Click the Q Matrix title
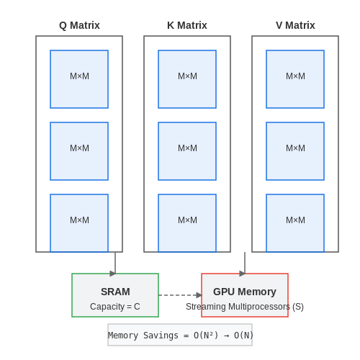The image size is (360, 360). [x=79, y=25]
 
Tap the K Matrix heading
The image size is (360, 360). [x=187, y=25]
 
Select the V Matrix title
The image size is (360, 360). [x=295, y=25]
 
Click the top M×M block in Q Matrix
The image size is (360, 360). [x=79, y=79]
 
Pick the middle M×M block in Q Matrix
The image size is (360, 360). [x=79, y=151]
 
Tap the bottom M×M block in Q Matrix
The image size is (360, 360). [x=79, y=223]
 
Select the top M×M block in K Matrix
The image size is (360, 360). [x=187, y=79]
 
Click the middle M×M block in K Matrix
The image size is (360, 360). [x=187, y=151]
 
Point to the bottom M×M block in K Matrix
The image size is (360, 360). [x=187, y=223]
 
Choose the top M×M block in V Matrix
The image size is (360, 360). [x=295, y=79]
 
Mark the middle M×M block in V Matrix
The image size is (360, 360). [x=295, y=151]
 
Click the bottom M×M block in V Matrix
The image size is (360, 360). [x=295, y=223]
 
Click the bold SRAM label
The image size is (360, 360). [x=115, y=292]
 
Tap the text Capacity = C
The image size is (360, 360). [x=115, y=307]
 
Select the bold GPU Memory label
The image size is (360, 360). [x=245, y=292]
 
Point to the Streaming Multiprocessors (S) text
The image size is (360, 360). [x=245, y=307]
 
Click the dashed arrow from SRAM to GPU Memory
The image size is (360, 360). [x=180, y=295]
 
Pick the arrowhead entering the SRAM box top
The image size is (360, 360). [x=113, y=274]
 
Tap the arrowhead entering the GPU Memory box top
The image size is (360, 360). [x=243, y=274]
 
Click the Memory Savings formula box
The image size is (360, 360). [x=180, y=335]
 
